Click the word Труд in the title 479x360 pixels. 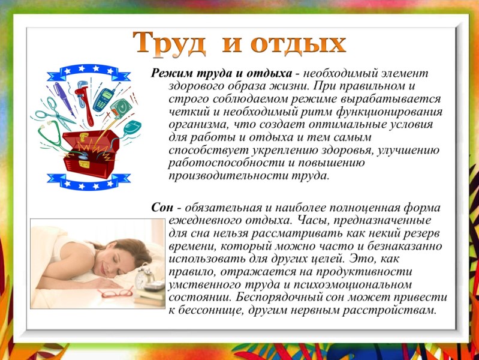[169, 44]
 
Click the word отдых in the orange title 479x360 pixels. [298, 45]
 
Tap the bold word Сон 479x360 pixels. [162, 208]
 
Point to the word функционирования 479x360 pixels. [389, 112]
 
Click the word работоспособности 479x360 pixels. [227, 163]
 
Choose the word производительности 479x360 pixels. [228, 176]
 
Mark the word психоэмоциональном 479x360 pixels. [353, 285]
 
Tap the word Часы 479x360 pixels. [312, 220]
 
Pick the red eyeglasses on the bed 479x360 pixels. [116, 293]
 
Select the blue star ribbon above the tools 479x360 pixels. [89, 73]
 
